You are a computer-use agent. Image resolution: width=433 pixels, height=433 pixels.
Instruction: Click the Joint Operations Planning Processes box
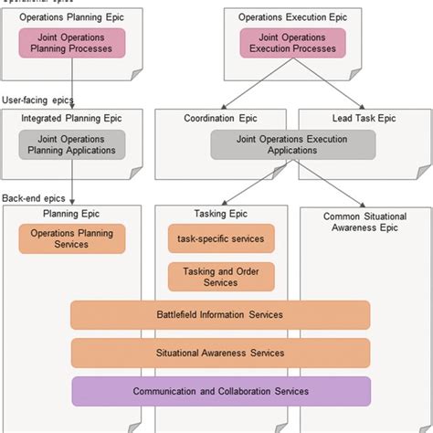71,43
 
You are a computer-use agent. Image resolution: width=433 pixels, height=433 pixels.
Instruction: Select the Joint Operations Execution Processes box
293,43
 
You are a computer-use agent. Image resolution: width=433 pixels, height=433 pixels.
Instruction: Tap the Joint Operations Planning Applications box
71,144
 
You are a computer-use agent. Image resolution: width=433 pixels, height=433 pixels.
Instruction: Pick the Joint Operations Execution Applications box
293,144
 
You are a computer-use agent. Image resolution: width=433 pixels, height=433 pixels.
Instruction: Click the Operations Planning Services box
71,238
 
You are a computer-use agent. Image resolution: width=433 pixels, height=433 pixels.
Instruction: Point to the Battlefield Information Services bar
220,315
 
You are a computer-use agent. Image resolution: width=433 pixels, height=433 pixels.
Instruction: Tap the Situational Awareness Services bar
220,353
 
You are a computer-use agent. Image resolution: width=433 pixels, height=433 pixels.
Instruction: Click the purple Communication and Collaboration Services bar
220,391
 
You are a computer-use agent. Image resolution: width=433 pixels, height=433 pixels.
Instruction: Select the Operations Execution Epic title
292,16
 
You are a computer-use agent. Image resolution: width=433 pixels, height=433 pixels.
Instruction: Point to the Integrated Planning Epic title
71,117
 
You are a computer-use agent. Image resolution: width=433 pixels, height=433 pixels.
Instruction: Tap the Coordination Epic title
220,117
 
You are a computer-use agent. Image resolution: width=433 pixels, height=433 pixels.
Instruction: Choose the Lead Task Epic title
364,117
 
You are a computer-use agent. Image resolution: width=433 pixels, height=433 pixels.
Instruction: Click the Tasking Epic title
220,214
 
